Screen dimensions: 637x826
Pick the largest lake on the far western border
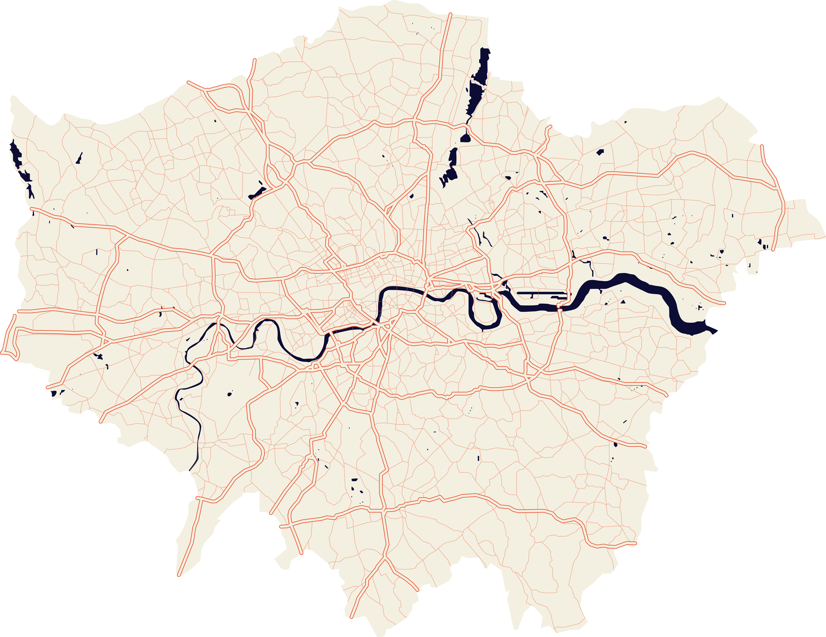(x=16, y=153)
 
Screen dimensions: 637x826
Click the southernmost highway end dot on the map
(x=351, y=617)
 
